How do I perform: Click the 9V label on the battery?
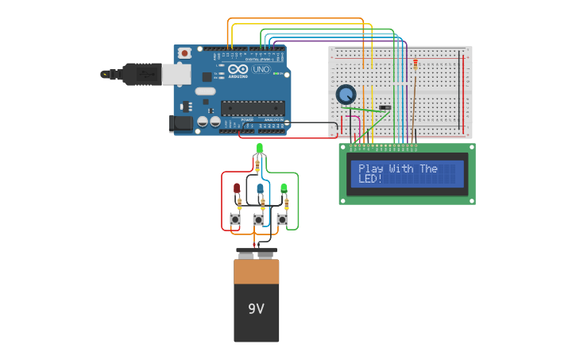256,308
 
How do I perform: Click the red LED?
236,188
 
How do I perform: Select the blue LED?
260,188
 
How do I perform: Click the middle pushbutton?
258,219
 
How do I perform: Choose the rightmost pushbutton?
282,219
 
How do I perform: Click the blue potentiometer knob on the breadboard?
346,95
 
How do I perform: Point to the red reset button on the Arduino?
185,53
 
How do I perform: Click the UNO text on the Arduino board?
261,70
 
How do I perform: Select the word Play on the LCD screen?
372,168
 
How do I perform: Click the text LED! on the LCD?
370,179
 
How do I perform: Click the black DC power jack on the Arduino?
180,123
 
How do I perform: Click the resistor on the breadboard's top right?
415,64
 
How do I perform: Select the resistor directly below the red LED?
239,204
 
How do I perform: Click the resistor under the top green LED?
257,165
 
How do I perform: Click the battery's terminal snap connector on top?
257,254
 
